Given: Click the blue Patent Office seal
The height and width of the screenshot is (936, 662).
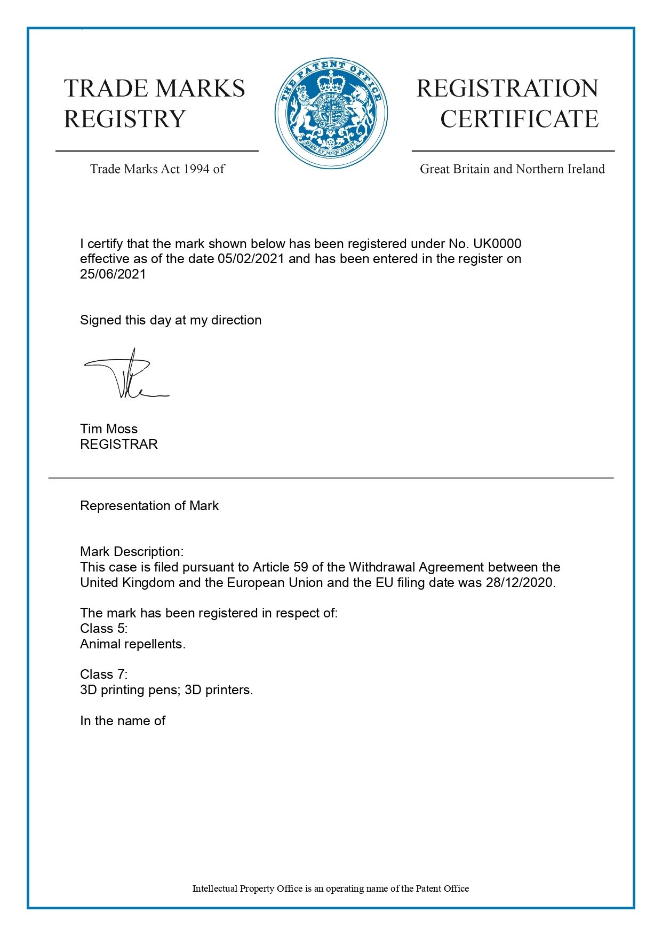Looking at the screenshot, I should point(331,113).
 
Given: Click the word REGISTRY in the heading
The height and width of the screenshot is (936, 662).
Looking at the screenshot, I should point(125,119).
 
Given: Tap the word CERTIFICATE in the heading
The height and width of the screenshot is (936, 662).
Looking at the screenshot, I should point(519,119).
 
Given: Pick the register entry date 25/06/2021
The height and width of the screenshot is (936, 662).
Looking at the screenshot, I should point(113,274).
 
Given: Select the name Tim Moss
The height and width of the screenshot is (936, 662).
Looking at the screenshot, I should point(109,429).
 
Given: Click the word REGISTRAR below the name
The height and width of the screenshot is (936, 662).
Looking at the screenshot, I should point(119,445).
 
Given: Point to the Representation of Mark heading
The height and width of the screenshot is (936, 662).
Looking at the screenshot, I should point(149,506).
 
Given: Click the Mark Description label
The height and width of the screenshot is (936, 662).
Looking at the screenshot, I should point(132,552).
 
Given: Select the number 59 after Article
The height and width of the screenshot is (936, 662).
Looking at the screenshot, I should point(301,567).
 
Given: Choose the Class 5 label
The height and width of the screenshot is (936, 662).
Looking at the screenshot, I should point(104,629).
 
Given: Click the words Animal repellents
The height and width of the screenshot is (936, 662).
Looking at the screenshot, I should point(133,644).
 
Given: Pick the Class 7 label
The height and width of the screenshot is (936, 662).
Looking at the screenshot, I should point(104,675).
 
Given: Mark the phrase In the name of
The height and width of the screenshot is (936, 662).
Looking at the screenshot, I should point(123,721).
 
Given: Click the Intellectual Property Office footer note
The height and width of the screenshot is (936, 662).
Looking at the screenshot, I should point(330,889).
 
